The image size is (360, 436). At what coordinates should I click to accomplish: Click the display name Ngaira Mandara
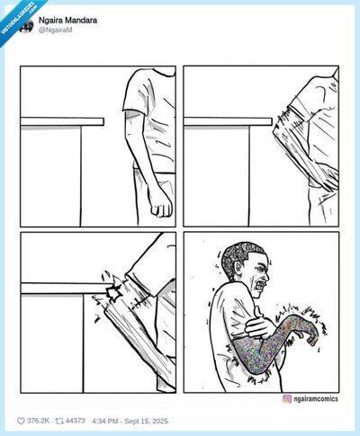pos(67,21)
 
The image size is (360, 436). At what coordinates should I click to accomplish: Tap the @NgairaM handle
pos(55,30)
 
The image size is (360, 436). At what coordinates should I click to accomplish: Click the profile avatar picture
pos(27,25)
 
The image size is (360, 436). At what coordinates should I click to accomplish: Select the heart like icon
pos(21,421)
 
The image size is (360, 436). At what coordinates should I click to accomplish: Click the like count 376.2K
pos(38,421)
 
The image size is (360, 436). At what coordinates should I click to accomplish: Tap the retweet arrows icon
pos(59,421)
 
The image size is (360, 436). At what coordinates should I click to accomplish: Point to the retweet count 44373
pos(75,421)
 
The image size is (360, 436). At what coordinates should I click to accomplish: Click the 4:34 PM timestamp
pos(105,421)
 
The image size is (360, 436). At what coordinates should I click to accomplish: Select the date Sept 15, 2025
pos(147,421)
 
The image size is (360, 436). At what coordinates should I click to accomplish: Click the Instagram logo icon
pos(287,399)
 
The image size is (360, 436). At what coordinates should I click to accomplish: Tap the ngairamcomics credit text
pos(316,399)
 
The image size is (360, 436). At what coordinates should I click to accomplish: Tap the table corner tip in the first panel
pos(103,121)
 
